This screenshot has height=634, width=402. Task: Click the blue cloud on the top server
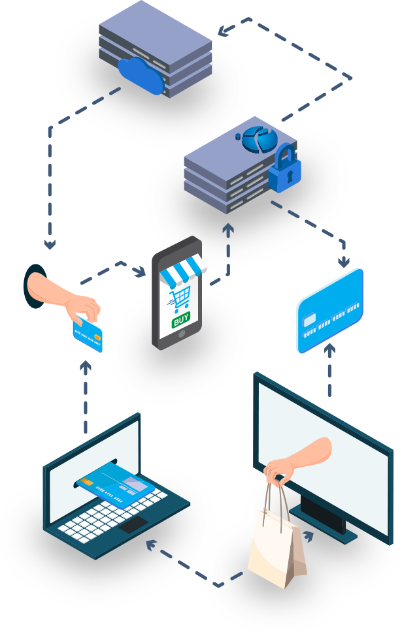[x=141, y=76]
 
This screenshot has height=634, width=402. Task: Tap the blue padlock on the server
[x=286, y=170]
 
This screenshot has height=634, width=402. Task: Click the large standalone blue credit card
[x=329, y=311]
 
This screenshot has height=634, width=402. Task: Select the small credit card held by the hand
[x=88, y=332]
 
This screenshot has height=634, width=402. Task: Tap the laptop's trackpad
[x=133, y=524]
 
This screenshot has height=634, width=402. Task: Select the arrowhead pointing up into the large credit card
[x=329, y=348]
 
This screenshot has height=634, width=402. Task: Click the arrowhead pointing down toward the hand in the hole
[x=50, y=244]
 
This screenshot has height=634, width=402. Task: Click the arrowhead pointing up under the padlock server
[x=228, y=229]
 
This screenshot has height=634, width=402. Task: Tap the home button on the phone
[x=182, y=335]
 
